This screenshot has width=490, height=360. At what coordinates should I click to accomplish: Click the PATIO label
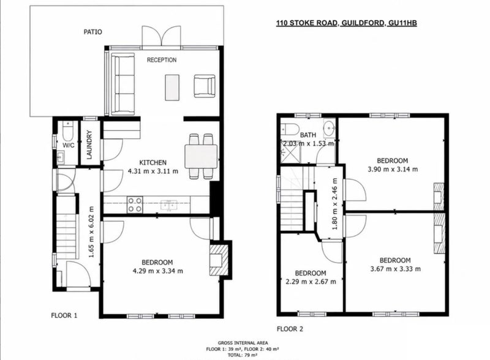tap(93, 32)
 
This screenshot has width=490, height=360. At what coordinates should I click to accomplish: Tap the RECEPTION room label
tap(162, 59)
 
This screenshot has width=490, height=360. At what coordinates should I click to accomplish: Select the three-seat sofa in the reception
tap(123, 84)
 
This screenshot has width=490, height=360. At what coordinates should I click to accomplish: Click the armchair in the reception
tap(205, 86)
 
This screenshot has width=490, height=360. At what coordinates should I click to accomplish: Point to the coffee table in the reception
tap(172, 87)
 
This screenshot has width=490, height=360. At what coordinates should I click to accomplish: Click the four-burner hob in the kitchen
tap(135, 204)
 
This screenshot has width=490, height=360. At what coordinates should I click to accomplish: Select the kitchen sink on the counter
tap(169, 205)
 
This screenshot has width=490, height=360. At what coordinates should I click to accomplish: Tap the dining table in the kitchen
tap(201, 156)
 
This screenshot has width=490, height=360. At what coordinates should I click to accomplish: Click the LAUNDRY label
tap(89, 144)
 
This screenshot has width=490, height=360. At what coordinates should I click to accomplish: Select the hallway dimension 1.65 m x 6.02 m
tap(91, 232)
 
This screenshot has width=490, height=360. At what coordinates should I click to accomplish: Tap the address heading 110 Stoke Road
tap(346, 23)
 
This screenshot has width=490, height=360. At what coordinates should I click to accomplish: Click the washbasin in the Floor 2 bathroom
tap(329, 128)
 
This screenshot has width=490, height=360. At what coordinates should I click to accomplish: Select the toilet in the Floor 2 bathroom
tap(290, 129)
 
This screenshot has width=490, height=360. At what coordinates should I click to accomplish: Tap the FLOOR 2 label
tap(290, 329)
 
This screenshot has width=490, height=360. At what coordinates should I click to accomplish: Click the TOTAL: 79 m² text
tap(243, 355)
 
